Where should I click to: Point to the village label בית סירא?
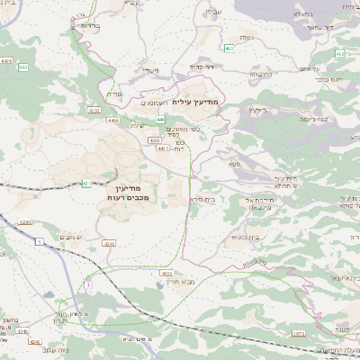[x=202, y=198]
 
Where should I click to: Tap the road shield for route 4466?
[x=112, y=119]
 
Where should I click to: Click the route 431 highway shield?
[x=86, y=184]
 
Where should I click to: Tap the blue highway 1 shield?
[x=40, y=242]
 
